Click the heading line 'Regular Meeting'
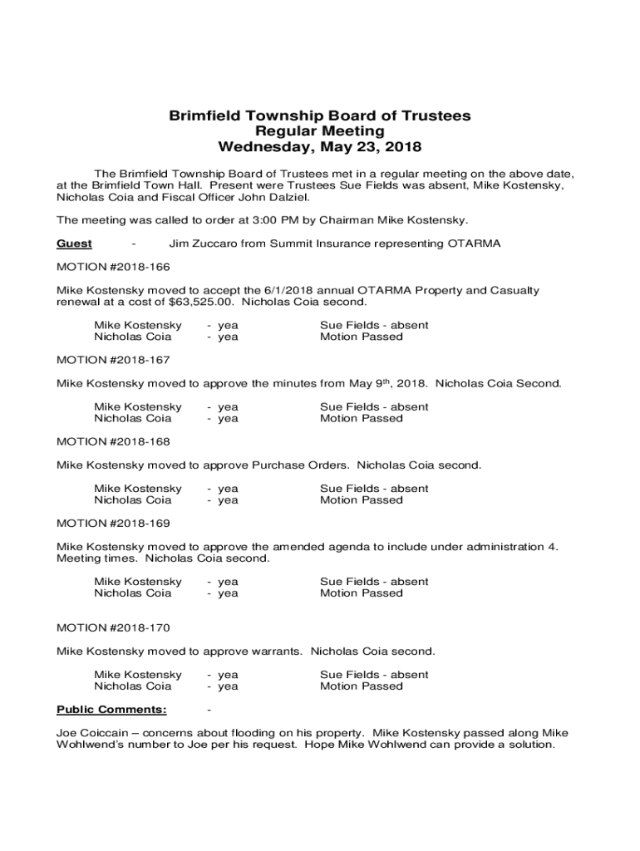pyautogui.click(x=320, y=131)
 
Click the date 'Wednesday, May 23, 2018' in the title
pyautogui.click(x=320, y=148)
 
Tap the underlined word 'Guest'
pyautogui.click(x=74, y=243)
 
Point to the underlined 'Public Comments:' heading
pyautogui.click(x=111, y=709)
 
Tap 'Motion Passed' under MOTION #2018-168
pyautogui.click(x=361, y=499)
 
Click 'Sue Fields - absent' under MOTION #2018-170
pyautogui.click(x=374, y=674)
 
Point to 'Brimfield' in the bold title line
pyautogui.click(x=207, y=116)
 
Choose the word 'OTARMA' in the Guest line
pyautogui.click(x=474, y=243)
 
